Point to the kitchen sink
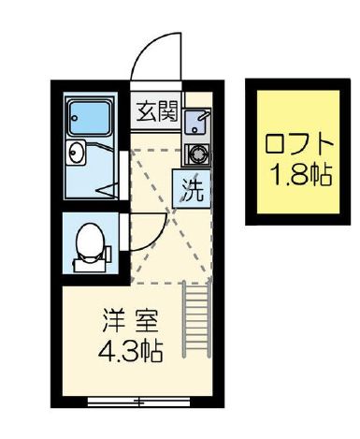195,122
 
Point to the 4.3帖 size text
130,353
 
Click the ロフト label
299,145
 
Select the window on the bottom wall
137,402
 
